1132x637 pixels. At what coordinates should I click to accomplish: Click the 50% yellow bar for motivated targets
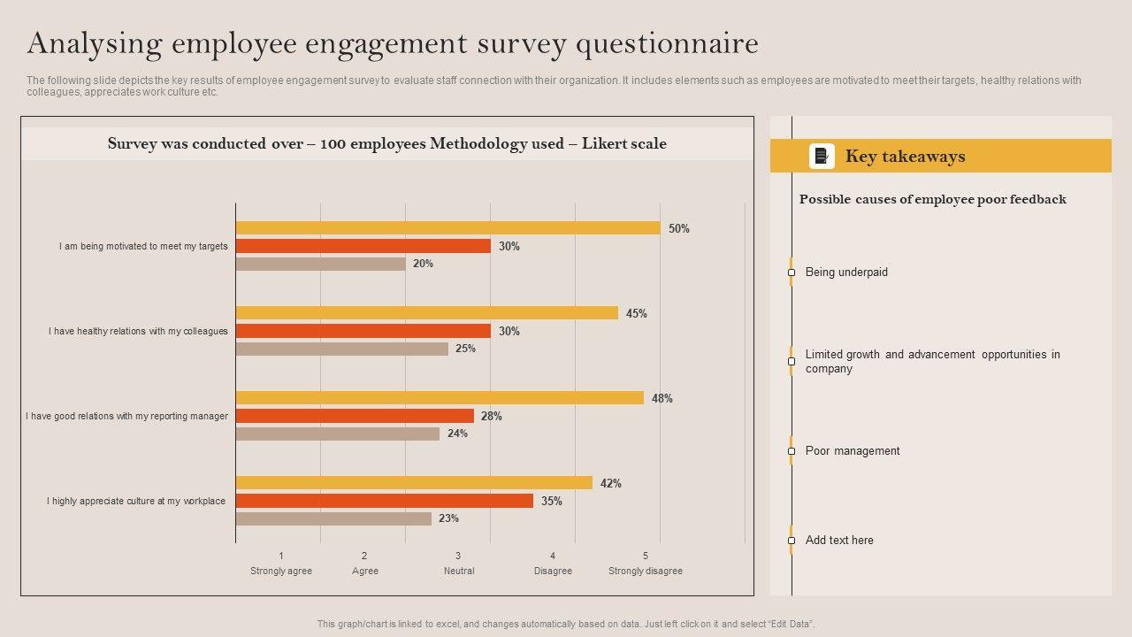tap(447, 228)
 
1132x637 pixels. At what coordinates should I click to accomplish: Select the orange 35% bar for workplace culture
tap(384, 501)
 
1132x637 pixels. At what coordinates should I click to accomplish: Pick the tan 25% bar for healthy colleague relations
tap(341, 349)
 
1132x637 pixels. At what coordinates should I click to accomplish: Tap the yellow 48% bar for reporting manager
tap(440, 398)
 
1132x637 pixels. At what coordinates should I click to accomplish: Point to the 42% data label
tap(611, 483)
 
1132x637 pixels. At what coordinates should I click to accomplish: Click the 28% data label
tap(492, 416)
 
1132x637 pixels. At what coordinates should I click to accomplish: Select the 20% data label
tap(423, 264)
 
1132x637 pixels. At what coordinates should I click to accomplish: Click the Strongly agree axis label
tap(281, 571)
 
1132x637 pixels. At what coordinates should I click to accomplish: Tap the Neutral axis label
tap(459, 571)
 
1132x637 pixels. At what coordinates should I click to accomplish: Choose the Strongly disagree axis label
tap(646, 571)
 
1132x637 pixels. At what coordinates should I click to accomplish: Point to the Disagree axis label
tap(553, 571)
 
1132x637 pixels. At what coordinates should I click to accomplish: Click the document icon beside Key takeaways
tap(822, 157)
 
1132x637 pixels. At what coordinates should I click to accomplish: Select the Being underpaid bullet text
tap(846, 272)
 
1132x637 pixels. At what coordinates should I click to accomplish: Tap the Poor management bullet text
tap(853, 450)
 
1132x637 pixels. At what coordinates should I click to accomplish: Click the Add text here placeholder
tap(839, 540)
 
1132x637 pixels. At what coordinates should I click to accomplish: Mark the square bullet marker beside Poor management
tap(792, 451)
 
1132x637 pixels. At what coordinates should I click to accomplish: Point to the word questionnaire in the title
tap(667, 42)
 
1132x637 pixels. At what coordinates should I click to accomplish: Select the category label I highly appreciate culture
tap(136, 501)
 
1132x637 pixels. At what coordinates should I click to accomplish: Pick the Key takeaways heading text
tap(905, 157)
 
